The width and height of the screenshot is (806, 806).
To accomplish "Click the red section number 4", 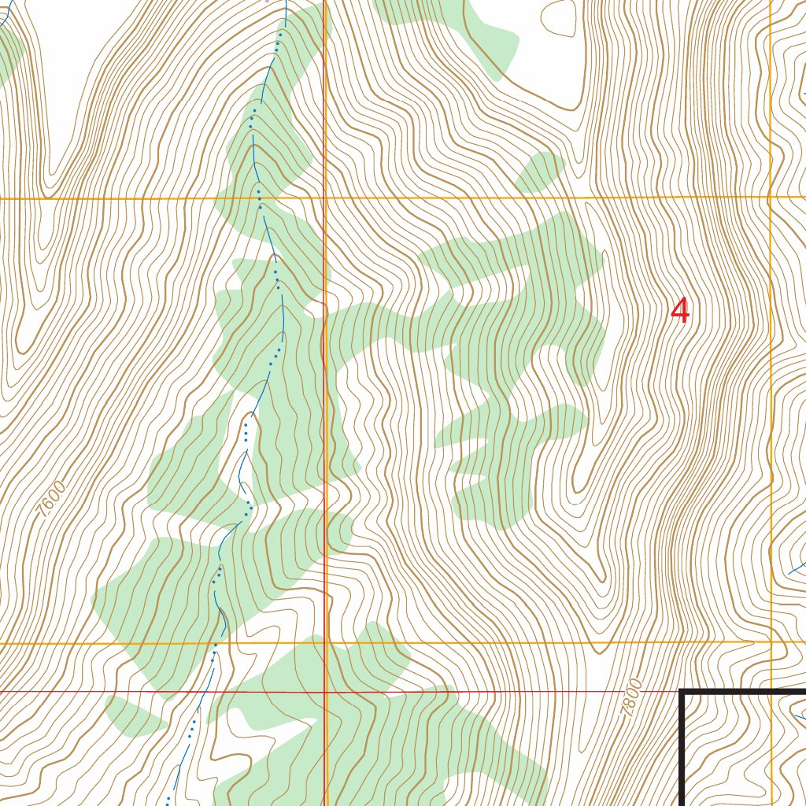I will (680, 312).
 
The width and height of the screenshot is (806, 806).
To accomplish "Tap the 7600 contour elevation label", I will (51, 497).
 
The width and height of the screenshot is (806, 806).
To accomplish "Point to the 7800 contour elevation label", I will (631, 697).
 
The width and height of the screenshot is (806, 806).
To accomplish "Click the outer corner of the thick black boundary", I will (682, 692).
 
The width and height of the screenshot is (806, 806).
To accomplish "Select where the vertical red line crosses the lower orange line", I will (325, 643).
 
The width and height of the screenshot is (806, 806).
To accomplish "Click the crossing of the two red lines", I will (325, 692).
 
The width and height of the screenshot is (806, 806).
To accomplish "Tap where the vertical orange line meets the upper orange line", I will (770, 197).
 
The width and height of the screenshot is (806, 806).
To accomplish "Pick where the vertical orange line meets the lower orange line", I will (771, 642).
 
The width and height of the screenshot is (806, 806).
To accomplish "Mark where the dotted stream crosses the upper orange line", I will (259, 198).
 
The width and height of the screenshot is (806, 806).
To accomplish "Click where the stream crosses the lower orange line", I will (215, 643).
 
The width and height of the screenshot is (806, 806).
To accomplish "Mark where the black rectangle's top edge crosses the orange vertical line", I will (771, 692).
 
